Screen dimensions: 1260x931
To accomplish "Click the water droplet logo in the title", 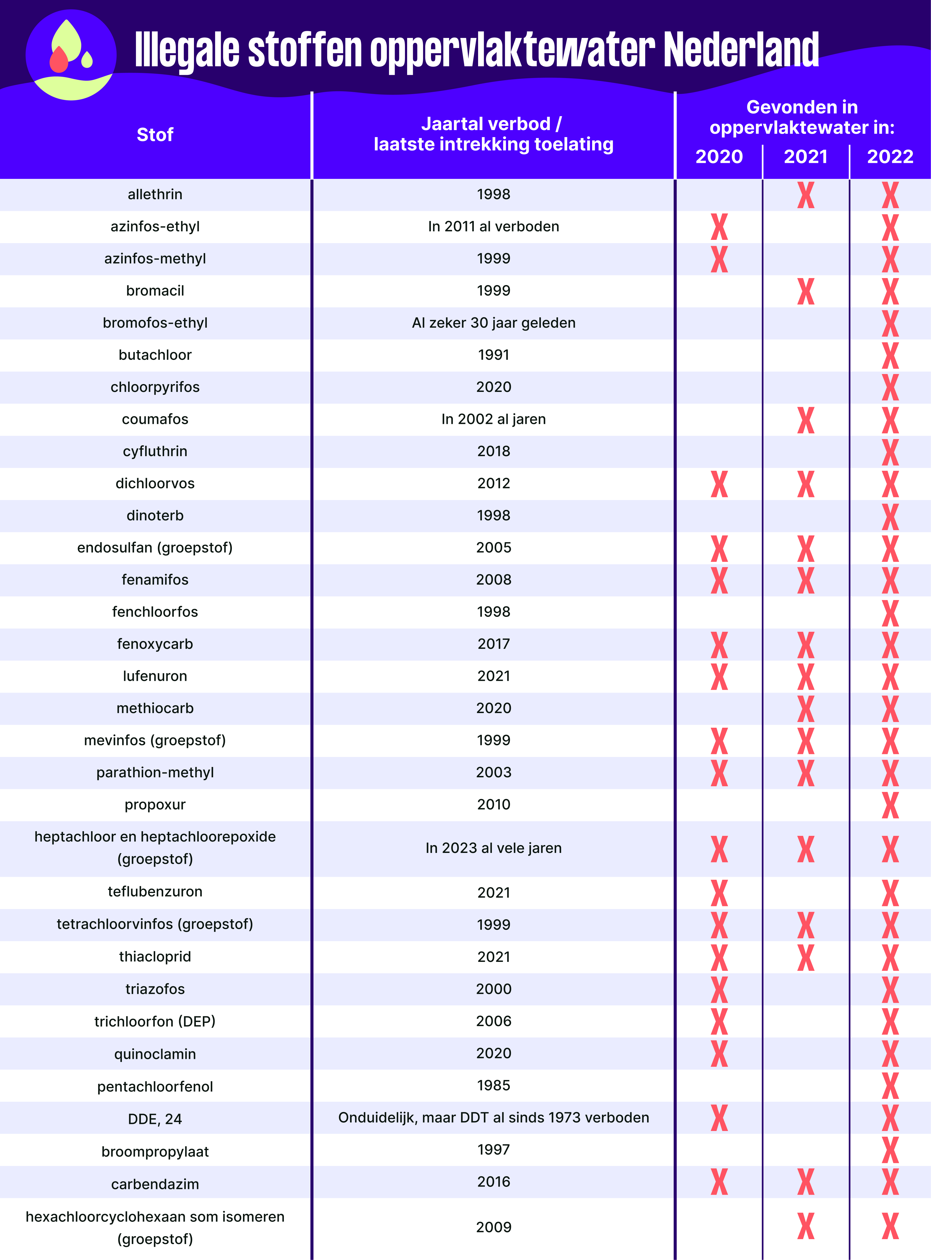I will [71, 55].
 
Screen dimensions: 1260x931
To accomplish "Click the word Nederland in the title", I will [741, 50].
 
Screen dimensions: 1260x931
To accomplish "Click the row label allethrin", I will [155, 195].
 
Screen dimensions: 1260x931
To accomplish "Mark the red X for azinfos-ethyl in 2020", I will [719, 227].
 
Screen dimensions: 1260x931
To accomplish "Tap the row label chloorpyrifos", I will [155, 387].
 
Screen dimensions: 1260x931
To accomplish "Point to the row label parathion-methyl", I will [155, 772].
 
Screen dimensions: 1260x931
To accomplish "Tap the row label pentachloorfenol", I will [155, 1086].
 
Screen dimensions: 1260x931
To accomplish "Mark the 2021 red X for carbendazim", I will [805, 1182].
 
